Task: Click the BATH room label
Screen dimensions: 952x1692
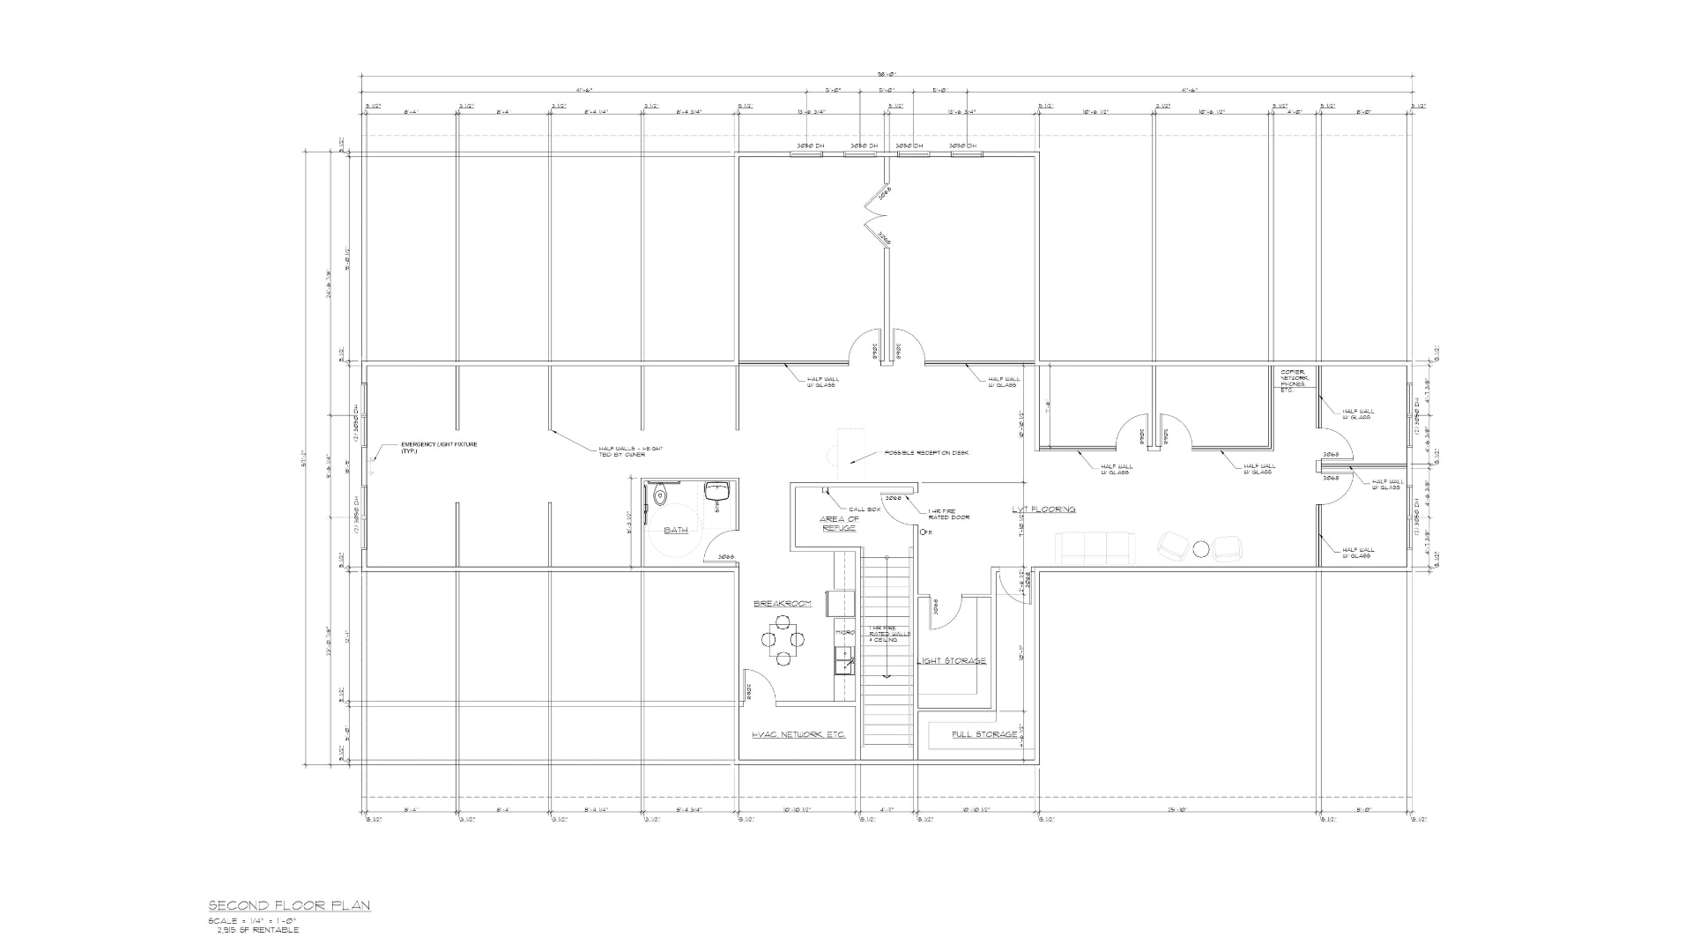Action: point(676,530)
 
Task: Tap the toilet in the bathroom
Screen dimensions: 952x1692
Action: point(661,497)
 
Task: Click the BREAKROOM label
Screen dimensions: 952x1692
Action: point(782,604)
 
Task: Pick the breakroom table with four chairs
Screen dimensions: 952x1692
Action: point(783,640)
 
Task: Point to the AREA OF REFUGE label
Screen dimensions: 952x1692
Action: point(839,524)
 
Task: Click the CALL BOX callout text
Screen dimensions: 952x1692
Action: point(864,509)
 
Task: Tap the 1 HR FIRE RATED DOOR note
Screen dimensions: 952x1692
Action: point(948,514)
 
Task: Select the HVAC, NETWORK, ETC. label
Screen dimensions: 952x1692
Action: point(798,734)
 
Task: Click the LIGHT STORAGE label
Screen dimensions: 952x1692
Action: point(952,661)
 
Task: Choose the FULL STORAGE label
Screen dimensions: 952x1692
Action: point(984,734)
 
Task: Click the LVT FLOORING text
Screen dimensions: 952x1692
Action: point(1043,509)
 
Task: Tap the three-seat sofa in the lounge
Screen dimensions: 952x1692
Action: point(1095,549)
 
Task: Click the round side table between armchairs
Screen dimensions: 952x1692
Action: point(1200,548)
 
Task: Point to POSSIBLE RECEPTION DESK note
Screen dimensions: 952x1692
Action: point(926,453)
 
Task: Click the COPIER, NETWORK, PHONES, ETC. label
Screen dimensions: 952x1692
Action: point(1295,380)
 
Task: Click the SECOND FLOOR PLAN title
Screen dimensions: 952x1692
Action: point(289,905)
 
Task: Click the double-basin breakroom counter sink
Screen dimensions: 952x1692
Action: point(844,659)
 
